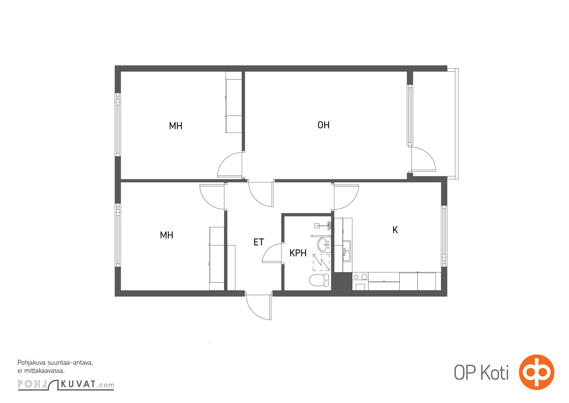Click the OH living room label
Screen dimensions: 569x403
point(323,125)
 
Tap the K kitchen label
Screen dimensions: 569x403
point(395,230)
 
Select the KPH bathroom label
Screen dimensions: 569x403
point(298,253)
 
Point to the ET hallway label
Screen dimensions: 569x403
point(259,242)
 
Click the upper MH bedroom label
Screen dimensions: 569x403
point(176,126)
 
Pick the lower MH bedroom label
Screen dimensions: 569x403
point(167,235)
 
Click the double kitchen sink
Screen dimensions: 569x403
point(347,251)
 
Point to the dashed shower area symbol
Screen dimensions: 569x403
point(321,262)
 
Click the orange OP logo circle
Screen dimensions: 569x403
point(537,372)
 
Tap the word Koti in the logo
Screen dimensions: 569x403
point(495,373)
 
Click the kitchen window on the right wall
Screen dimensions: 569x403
point(444,236)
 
